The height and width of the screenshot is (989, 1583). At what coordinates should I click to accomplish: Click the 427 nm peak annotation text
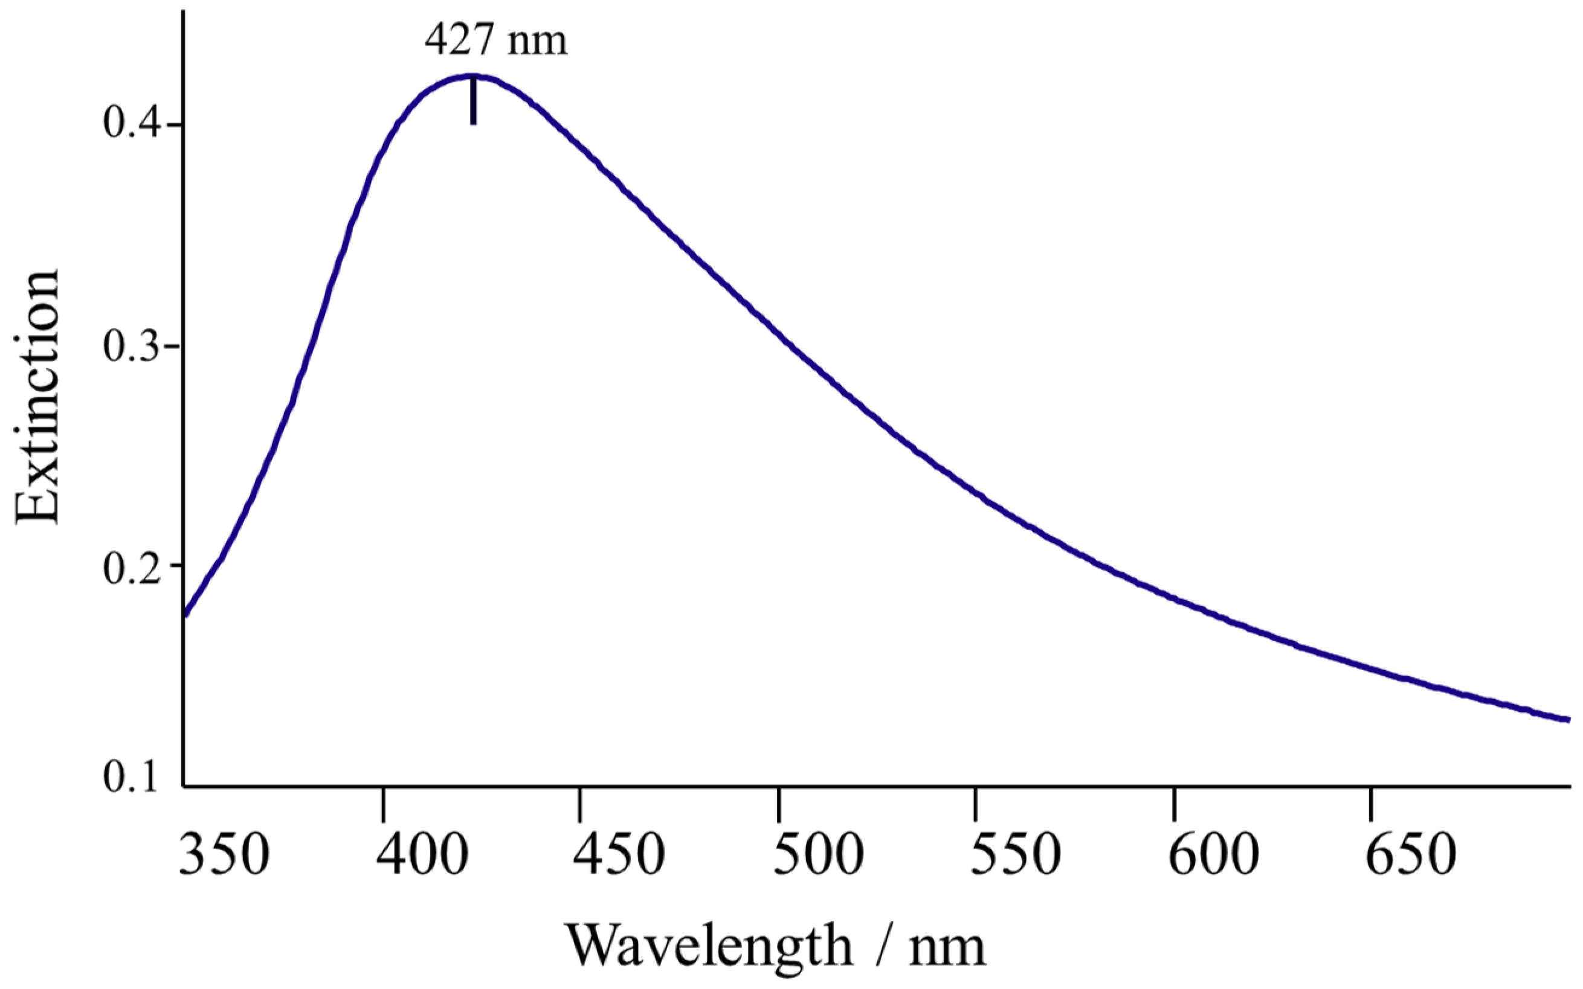tap(495, 40)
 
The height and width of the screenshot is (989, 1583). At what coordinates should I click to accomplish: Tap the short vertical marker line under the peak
tap(473, 101)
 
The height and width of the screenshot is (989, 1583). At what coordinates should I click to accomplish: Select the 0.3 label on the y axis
tap(131, 346)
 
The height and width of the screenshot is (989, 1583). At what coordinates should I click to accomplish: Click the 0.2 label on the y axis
tap(131, 566)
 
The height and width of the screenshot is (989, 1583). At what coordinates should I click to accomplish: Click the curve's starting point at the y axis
tap(187, 613)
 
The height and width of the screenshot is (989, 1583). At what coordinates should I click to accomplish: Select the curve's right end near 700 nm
tap(1567, 720)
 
